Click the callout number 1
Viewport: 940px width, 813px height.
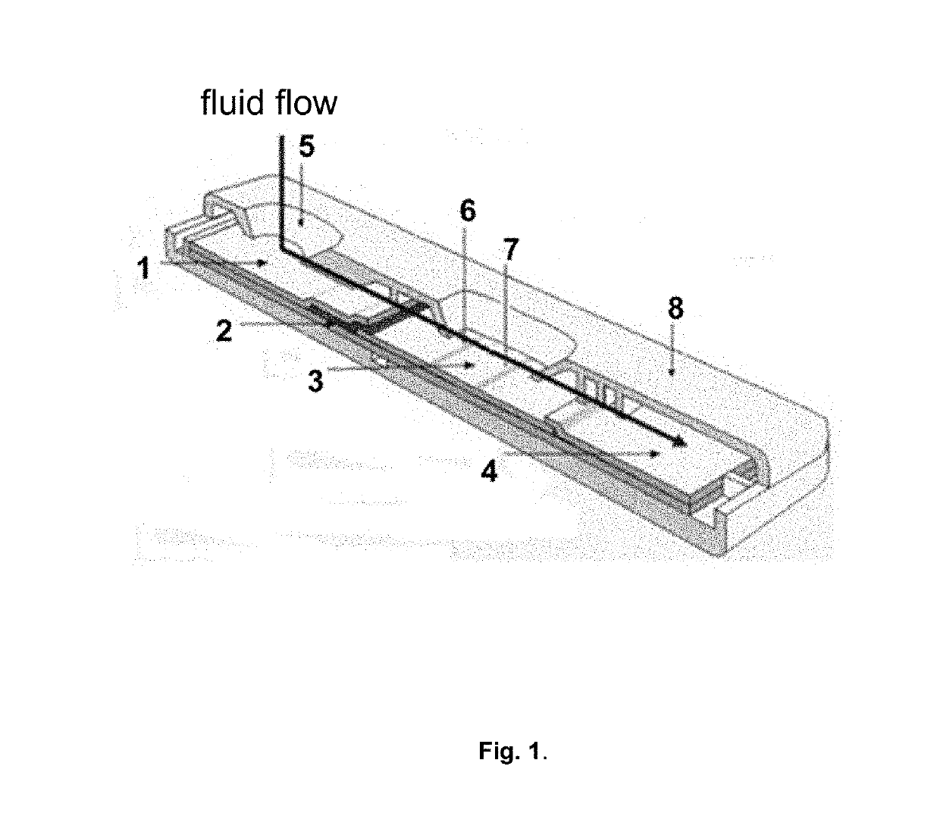point(143,269)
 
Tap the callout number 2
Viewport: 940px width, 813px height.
point(224,331)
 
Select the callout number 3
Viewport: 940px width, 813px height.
point(315,380)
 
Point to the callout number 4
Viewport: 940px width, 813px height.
point(490,471)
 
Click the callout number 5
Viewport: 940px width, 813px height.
point(305,147)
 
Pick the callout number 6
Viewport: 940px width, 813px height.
point(468,211)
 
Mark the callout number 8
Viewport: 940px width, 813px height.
point(675,308)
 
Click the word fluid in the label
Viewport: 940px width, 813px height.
point(234,102)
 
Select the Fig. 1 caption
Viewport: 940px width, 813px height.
point(512,751)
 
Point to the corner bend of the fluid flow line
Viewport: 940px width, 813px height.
point(281,248)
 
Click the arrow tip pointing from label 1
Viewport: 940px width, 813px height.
point(265,263)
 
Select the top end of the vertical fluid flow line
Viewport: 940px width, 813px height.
point(281,137)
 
